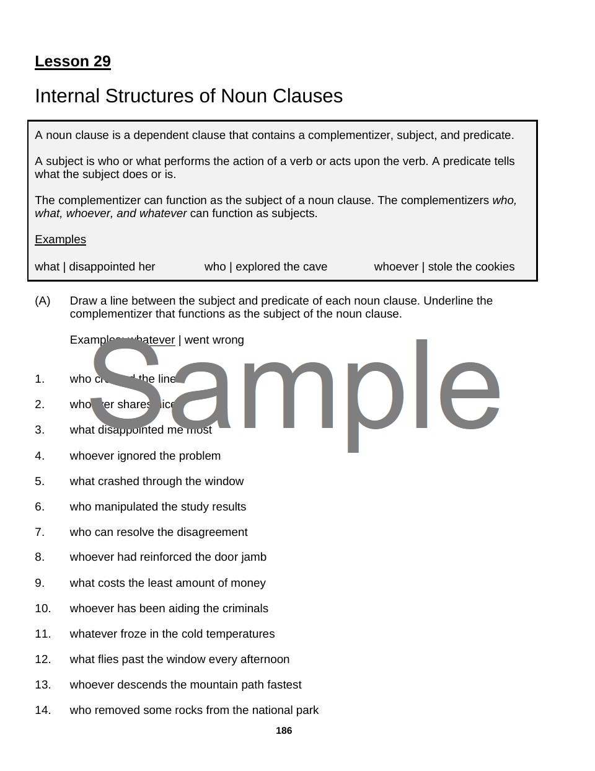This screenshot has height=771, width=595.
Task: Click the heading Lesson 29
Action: click(73, 61)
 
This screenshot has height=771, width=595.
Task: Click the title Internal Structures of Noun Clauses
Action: click(188, 96)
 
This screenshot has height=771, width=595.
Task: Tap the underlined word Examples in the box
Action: click(60, 239)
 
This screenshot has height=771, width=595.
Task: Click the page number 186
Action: click(284, 731)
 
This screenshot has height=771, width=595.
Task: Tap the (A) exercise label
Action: click(43, 301)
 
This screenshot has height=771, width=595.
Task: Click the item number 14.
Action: click(43, 710)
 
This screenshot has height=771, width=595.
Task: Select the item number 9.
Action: click(40, 583)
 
